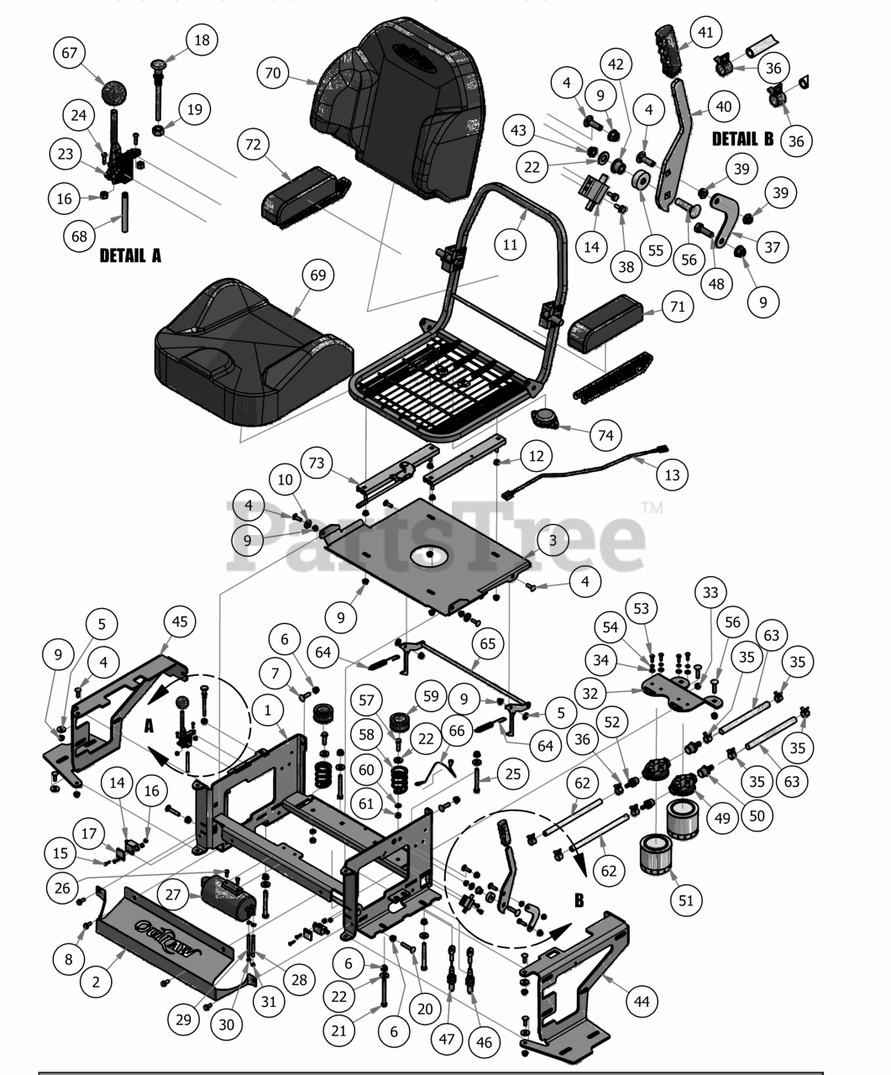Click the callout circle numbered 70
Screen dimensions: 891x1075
pyautogui.click(x=273, y=73)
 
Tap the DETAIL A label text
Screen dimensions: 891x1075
pyautogui.click(x=130, y=255)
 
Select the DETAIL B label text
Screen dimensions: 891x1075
pyautogui.click(x=742, y=139)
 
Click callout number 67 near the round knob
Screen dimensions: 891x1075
pyautogui.click(x=70, y=53)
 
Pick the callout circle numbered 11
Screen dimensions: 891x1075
pyautogui.click(x=511, y=245)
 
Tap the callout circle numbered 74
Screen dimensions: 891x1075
pyautogui.click(x=605, y=435)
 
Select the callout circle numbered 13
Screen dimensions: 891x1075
pyautogui.click(x=672, y=475)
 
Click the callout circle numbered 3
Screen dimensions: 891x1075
pyautogui.click(x=553, y=542)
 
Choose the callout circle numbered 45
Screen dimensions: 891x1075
pyautogui.click(x=180, y=621)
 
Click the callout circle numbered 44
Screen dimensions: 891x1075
pyautogui.click(x=642, y=1000)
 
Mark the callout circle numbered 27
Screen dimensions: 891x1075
pyautogui.click(x=173, y=894)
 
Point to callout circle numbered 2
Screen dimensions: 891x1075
pyautogui.click(x=96, y=982)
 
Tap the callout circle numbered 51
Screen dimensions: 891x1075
pyautogui.click(x=686, y=900)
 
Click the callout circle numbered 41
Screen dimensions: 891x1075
pyautogui.click(x=705, y=33)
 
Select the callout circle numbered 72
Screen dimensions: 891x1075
pyautogui.click(x=253, y=145)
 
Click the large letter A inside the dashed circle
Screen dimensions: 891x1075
pyautogui.click(x=149, y=727)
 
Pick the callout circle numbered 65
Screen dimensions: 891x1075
pyautogui.click(x=488, y=644)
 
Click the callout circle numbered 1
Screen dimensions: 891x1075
pyautogui.click(x=268, y=711)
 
